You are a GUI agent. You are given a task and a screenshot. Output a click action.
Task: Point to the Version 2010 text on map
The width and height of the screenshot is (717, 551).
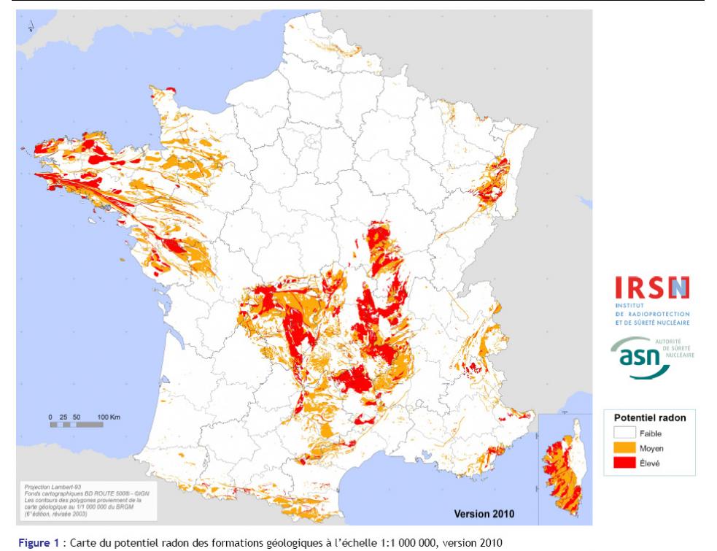coord(484,514)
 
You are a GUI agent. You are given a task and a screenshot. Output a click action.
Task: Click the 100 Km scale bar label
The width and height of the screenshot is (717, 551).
coord(109,416)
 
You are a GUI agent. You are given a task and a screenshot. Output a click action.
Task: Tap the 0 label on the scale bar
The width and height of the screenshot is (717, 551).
coord(50,416)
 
